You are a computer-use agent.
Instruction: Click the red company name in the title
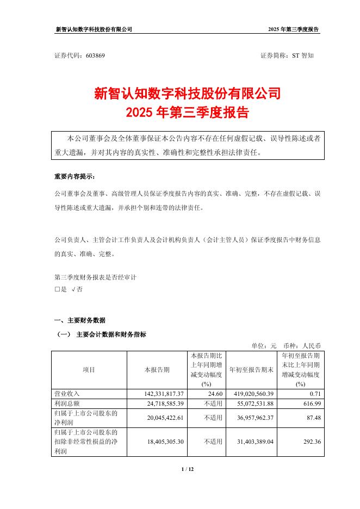point(187,93)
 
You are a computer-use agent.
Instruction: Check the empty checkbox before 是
point(57,289)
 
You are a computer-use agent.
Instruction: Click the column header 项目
point(89,370)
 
